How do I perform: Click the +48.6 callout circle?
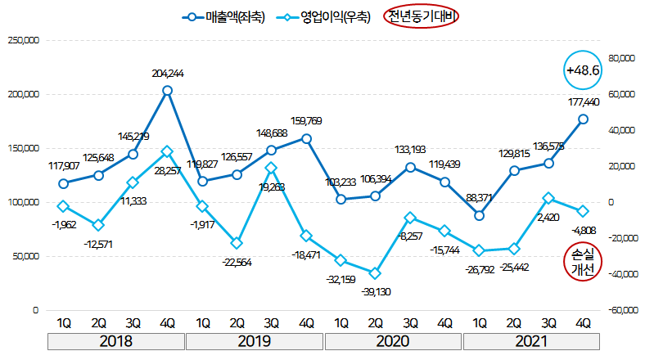(x=584, y=71)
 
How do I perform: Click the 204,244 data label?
(x=167, y=73)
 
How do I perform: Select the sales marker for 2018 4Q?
(x=167, y=91)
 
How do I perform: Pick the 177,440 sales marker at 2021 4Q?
(x=584, y=119)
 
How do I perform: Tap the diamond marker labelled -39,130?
(x=375, y=273)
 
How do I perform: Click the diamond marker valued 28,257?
(x=167, y=151)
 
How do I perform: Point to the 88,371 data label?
(x=479, y=197)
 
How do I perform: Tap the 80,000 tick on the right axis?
(x=621, y=58)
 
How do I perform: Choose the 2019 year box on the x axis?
(x=255, y=340)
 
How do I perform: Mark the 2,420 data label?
(x=548, y=218)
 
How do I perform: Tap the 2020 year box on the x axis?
(x=393, y=340)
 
